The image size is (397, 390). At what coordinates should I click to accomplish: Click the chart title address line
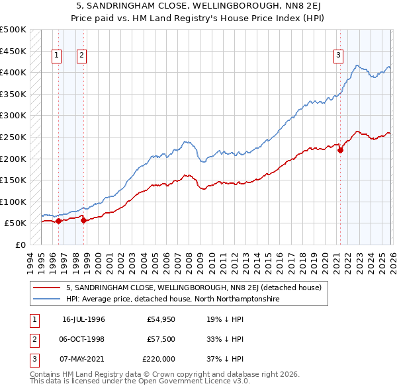point(198,6)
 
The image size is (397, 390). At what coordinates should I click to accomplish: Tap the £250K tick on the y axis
point(13,137)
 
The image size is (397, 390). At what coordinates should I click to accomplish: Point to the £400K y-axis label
point(13,72)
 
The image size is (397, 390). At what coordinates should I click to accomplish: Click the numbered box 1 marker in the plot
point(57,56)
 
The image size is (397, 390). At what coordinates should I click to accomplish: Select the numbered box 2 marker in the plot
point(81,56)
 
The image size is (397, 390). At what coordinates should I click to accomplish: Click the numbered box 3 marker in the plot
point(338,56)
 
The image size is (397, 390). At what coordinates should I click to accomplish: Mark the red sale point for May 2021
point(341,150)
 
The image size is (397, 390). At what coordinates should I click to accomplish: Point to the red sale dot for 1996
point(58,221)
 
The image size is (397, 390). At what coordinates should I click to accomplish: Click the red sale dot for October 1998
point(83,220)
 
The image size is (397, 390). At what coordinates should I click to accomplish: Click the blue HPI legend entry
point(173,299)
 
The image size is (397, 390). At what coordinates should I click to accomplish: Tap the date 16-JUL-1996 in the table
point(83,319)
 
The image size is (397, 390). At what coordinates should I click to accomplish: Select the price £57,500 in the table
point(161,339)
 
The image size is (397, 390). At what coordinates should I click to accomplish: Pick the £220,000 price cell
point(159,359)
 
